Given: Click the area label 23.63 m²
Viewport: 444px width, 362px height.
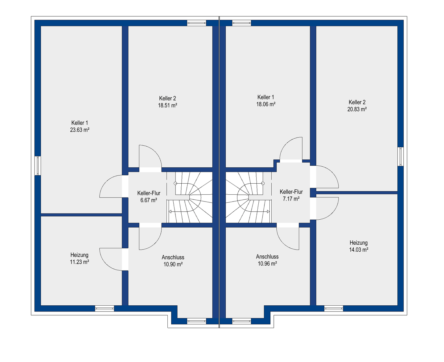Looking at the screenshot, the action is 80,130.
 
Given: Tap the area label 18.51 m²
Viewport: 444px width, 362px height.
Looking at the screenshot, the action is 167,105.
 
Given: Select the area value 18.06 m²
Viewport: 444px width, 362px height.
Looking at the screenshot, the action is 266,104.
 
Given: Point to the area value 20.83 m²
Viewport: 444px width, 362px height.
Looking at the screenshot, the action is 357,109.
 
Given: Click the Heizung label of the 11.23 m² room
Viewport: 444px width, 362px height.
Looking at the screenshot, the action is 79,255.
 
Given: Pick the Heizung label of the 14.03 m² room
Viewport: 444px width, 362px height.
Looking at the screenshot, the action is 359,243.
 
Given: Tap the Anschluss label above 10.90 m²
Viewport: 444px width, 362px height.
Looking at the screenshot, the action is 173,257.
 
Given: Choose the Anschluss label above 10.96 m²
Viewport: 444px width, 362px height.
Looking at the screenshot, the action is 267,257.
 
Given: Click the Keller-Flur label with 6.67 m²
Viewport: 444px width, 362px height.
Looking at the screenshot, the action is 149,193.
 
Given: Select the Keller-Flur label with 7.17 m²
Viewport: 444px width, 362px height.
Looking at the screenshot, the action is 291,192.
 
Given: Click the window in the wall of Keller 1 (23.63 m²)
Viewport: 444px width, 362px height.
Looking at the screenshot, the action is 38,165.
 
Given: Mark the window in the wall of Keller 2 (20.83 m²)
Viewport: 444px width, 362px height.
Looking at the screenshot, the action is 401,157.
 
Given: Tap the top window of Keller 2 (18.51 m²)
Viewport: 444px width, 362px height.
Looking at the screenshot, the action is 197,23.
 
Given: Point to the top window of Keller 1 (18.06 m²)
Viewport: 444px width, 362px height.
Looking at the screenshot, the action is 241,23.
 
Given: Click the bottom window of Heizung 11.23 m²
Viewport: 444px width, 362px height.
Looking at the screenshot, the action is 105,309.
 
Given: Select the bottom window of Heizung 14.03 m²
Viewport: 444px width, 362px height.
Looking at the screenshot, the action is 334,309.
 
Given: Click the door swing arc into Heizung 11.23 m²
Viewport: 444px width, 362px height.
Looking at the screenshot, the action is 106,264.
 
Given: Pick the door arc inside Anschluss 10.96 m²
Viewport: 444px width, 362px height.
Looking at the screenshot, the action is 283,243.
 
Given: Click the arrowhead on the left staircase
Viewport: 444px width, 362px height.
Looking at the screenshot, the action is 170,212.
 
